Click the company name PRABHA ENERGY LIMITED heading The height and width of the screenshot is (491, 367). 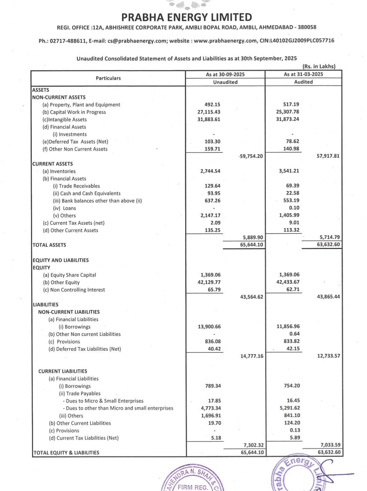[x=187, y=17]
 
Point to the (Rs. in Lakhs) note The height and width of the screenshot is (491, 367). [x=319, y=66]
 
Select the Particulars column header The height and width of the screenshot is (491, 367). [x=108, y=78]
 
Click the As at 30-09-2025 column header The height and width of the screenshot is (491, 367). [x=225, y=74]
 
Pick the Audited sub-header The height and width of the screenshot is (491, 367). [x=303, y=82]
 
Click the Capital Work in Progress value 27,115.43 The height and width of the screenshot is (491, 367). [x=209, y=112]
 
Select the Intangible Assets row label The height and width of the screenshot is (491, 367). [x=65, y=120]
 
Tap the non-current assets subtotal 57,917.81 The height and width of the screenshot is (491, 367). [x=328, y=156]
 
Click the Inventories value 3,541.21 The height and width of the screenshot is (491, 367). [x=289, y=171]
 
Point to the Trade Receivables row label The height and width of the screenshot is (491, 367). [x=76, y=186]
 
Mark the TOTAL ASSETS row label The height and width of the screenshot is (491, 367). [x=49, y=245]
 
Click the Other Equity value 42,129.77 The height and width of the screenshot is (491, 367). [x=209, y=282]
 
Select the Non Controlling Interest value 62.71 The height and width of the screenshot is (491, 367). [x=293, y=290]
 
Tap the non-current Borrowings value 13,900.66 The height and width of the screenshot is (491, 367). [x=209, y=327]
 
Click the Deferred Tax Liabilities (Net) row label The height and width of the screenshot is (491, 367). [x=85, y=349]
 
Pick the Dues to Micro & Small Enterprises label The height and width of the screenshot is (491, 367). [x=103, y=401]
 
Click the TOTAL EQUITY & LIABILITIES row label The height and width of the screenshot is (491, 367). [x=66, y=453]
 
